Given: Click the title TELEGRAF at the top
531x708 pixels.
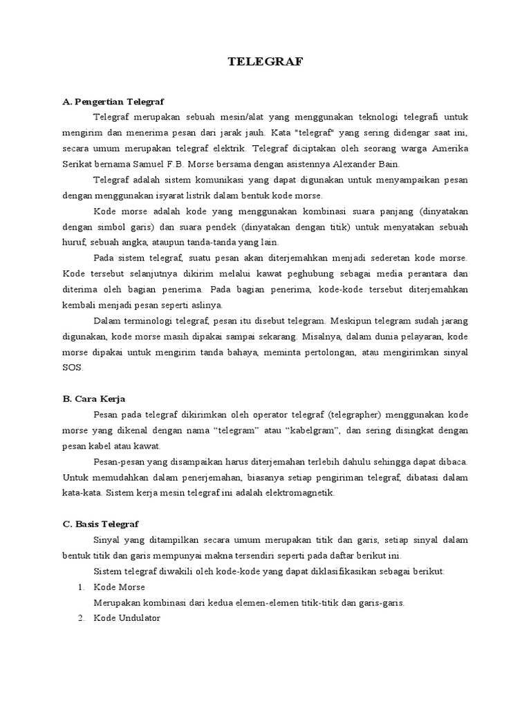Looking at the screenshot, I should [265, 62].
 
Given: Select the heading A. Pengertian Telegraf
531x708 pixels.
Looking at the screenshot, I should [113, 102].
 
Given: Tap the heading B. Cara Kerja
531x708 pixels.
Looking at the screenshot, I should [94, 399].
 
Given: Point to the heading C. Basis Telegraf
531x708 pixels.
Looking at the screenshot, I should [101, 524].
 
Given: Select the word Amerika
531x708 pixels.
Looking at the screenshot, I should [449, 148].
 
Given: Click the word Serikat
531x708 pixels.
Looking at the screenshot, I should [78, 164].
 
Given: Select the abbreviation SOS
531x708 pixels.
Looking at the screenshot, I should [71, 368].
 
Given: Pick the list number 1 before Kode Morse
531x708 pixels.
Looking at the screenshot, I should [81, 587].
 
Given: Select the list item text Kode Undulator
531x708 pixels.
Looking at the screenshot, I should [127, 618].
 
